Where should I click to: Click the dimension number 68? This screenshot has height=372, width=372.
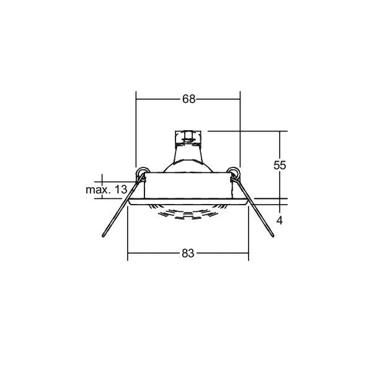(x=189, y=99)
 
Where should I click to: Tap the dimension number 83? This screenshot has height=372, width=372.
(x=188, y=254)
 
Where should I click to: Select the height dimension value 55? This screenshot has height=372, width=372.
(x=280, y=165)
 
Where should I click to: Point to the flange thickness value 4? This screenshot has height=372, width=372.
(x=280, y=221)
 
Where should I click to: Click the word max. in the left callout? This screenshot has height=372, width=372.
(x=98, y=190)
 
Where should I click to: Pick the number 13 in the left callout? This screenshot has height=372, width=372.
(x=121, y=190)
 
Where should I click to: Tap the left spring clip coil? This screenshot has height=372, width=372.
(x=143, y=172)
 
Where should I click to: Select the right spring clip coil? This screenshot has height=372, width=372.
(x=233, y=172)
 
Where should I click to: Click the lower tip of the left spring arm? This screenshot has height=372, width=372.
(x=103, y=236)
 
